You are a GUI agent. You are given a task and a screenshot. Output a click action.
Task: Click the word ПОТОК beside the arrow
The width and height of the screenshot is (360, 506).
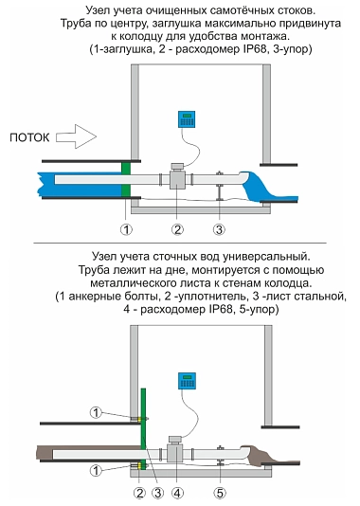pos(29,137)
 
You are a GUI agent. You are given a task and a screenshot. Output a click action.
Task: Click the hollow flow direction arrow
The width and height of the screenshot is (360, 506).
pos(76,136)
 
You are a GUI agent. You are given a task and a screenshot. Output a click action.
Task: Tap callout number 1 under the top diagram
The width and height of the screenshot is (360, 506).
pos(126,229)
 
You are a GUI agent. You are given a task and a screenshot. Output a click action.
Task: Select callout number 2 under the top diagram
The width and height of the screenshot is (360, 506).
pos(177,229)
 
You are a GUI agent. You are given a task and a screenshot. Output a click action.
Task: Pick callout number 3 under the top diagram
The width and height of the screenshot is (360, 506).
pos(219,229)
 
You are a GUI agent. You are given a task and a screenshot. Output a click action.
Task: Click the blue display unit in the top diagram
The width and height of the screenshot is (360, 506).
pos(187,119)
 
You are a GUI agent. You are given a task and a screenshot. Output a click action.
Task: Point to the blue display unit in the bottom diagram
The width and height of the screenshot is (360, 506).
pos(187,381)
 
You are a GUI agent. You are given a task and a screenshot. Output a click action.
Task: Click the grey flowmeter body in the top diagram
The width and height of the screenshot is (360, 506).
pos(177,178)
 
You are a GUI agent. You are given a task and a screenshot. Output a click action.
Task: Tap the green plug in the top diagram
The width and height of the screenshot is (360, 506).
pos(125,179)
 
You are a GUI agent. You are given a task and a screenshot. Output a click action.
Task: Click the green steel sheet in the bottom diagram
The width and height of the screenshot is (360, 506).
pos(144,426)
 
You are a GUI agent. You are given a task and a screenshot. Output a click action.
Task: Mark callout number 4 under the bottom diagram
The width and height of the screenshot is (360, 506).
pos(177,493)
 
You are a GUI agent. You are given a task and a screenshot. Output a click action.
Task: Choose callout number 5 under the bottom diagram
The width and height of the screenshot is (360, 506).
pos(220,493)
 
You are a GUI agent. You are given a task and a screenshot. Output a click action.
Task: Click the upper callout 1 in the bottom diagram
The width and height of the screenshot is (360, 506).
pos(96,412)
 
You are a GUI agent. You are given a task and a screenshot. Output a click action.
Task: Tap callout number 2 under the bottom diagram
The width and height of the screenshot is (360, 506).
pos(139,493)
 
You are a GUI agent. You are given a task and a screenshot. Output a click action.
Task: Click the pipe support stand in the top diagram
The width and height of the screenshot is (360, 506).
pos(220,188)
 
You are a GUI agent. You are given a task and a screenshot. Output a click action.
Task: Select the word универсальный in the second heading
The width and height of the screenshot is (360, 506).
pos(265,257)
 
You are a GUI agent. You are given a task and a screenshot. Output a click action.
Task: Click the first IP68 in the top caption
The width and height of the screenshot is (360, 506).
pos(254,49)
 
